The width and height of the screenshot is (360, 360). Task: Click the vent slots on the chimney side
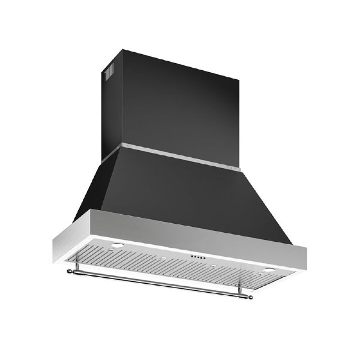pos(110,73)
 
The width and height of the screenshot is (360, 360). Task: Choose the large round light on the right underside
pos(265,270)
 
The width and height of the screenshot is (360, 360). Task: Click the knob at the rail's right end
pos(250,295)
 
